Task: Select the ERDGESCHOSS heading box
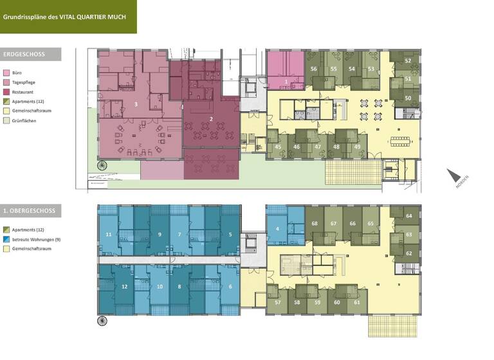[x=31, y=55]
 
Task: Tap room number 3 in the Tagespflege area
[x=136, y=104]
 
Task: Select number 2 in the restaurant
[x=211, y=119]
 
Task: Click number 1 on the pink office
[x=286, y=82]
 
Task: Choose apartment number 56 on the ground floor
[x=314, y=69]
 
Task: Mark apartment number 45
[x=278, y=147]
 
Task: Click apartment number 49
[x=357, y=147]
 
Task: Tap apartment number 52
[x=408, y=60]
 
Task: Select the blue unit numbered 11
[x=108, y=235]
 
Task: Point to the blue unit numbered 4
[x=277, y=229]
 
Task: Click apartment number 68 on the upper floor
[x=315, y=223]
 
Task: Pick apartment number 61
[x=357, y=301]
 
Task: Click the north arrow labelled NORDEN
[x=455, y=177]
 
